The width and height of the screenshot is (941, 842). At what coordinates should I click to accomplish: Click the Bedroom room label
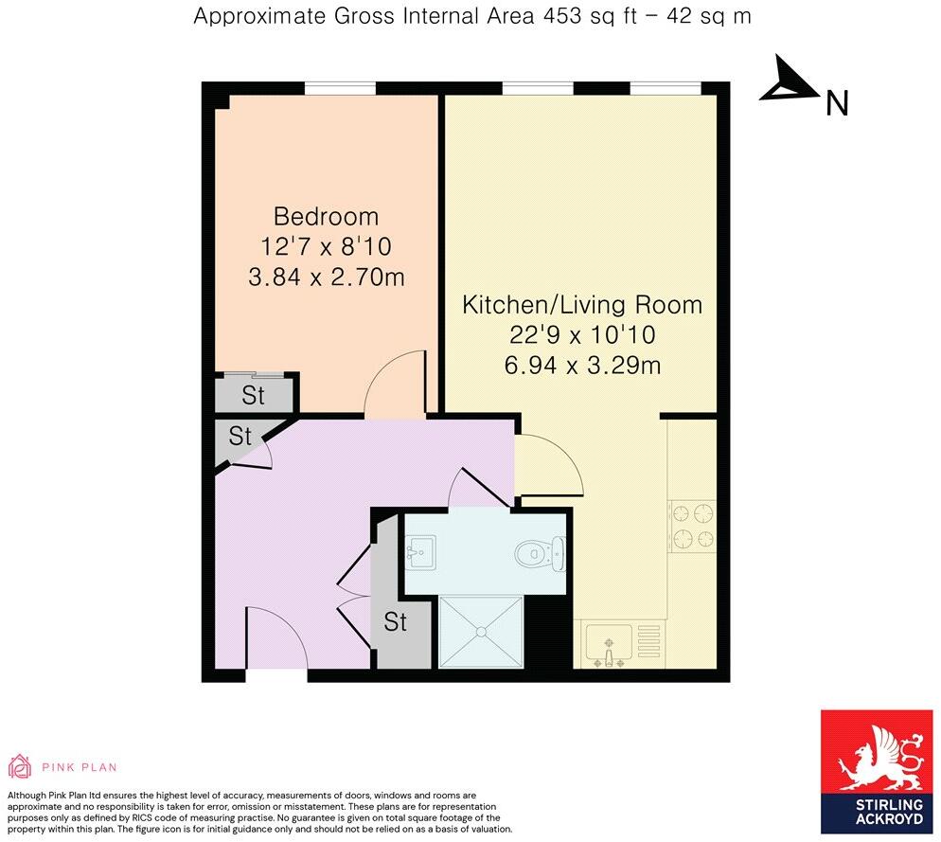click(326, 216)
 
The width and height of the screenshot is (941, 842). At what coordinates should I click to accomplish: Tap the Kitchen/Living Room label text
click(581, 305)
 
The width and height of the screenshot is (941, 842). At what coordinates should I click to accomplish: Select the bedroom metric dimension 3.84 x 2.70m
click(326, 278)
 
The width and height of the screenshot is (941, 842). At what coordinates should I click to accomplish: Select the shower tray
click(481, 631)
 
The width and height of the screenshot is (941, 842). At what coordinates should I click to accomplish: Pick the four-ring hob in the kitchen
click(692, 528)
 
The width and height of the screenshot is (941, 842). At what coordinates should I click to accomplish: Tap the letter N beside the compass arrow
click(836, 103)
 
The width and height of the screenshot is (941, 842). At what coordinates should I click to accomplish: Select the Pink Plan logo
click(62, 767)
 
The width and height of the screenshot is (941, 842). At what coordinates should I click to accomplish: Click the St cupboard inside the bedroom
click(254, 394)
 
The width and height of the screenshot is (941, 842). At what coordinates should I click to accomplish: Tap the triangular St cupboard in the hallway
click(238, 437)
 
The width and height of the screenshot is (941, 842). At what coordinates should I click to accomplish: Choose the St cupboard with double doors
click(395, 622)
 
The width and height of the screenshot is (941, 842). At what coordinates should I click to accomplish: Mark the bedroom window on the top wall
click(339, 89)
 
